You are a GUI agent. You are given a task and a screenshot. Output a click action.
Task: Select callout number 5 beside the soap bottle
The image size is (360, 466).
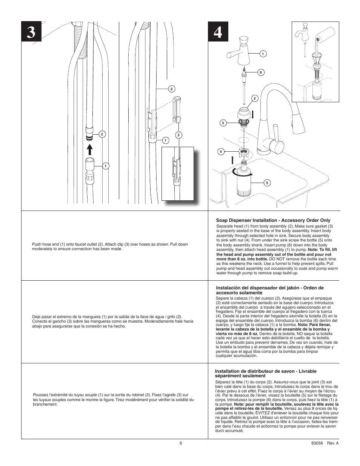pyautogui.click(x=267, y=183)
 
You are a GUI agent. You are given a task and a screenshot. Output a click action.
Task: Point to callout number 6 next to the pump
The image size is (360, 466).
pyautogui.click(x=260, y=72)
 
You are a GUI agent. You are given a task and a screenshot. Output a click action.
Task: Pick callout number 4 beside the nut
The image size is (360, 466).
pyautogui.click(x=221, y=152)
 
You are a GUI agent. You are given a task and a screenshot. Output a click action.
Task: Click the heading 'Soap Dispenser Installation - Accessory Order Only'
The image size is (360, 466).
pyautogui.click(x=273, y=220)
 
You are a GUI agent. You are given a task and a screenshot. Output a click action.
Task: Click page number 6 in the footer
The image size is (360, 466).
pyautogui.click(x=181, y=443)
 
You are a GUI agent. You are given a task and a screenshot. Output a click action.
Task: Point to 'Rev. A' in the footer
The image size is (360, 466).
pyautogui.click(x=333, y=443)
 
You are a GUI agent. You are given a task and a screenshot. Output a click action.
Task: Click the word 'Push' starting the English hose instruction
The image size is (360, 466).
pyautogui.click(x=37, y=244)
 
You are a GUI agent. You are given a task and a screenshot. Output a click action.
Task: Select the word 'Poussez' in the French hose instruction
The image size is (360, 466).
pyautogui.click(x=40, y=395)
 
